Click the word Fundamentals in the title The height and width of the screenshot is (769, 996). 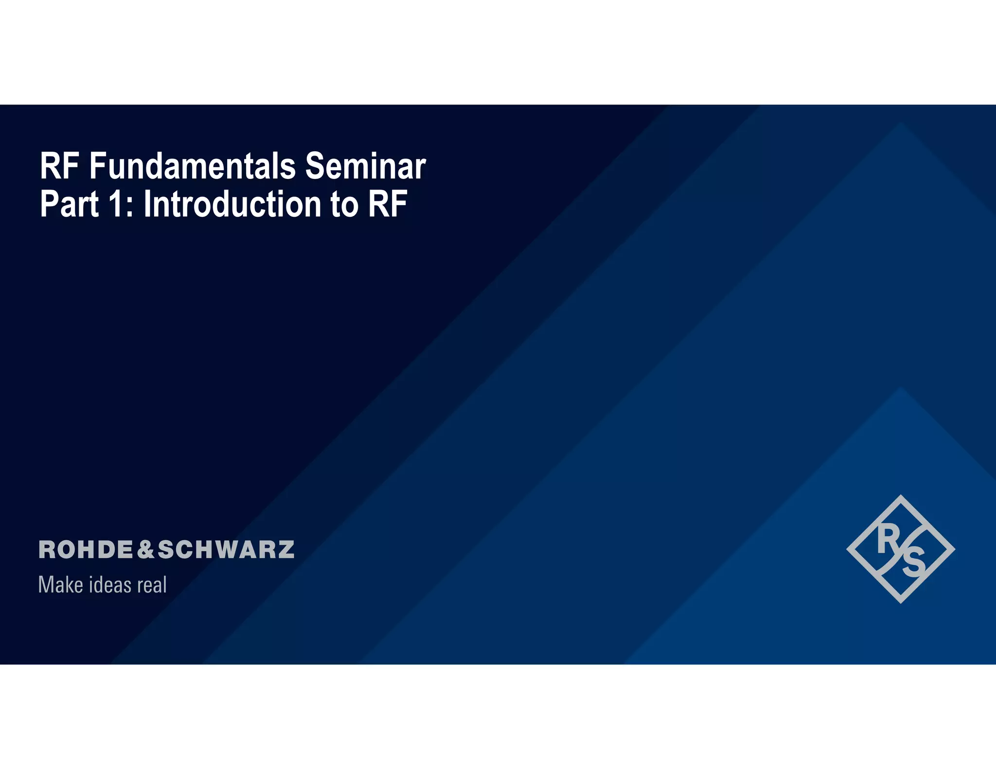pos(192,166)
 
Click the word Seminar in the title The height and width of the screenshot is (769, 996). pos(365,166)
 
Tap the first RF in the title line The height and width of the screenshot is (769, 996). pos(59,166)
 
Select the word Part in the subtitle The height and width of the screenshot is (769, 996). pos(69,204)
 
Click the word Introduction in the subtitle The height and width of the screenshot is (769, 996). pos(232,204)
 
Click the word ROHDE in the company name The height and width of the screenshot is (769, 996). pos(86,550)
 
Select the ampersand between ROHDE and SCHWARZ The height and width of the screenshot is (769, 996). pos(145,550)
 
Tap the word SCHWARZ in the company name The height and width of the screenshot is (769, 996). pos(226,550)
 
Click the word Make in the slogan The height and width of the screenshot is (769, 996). pos(60,585)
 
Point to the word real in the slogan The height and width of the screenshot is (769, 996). pos(152,585)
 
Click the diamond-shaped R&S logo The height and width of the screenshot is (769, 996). pos(901,549)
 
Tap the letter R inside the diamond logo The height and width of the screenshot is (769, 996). pos(888,540)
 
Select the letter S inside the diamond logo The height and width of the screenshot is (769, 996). pos(914,563)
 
